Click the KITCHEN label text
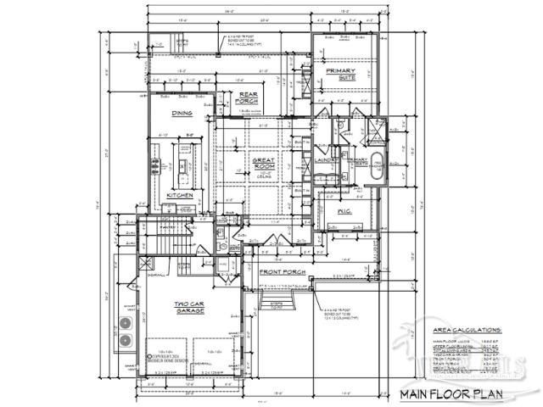[x=180, y=195]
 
